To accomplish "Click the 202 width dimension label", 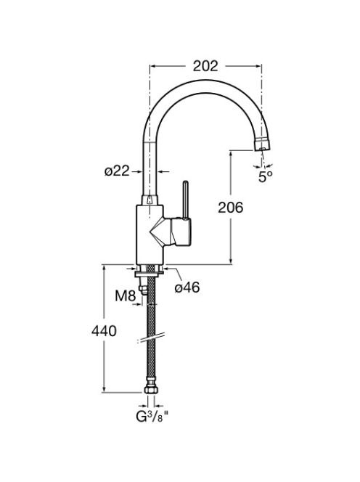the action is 205,66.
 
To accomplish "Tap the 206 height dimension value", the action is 231,208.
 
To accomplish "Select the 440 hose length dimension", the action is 104,331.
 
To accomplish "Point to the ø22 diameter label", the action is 117,171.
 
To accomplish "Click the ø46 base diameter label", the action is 187,287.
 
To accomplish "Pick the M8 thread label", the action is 126,296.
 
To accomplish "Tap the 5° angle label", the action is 266,176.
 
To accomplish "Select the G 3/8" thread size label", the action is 152,417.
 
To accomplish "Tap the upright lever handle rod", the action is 185,200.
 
